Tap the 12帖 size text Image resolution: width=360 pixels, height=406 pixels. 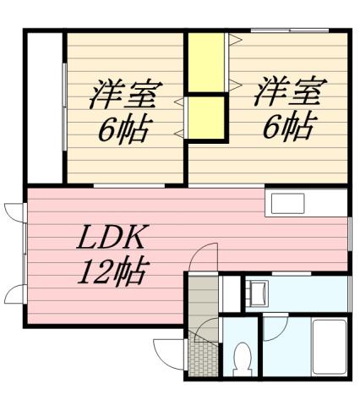click(115, 272)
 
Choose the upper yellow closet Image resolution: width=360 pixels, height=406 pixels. click(205, 61)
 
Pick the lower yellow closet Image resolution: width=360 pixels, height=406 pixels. click(207, 118)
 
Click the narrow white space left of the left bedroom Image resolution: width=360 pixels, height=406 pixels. click(45, 106)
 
